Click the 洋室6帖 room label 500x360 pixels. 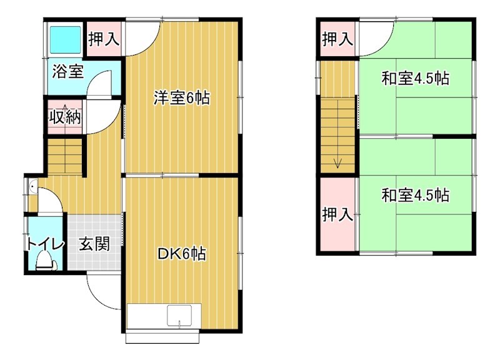(x=182, y=98)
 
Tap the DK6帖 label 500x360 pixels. (x=182, y=254)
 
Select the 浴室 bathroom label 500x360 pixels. (x=67, y=71)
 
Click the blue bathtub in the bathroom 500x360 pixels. (x=64, y=39)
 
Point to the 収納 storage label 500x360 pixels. (x=65, y=117)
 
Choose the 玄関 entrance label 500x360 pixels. (x=94, y=244)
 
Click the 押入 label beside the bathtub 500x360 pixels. (x=103, y=39)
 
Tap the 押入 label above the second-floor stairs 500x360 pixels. (x=337, y=39)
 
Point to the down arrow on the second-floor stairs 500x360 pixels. (x=338, y=162)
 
